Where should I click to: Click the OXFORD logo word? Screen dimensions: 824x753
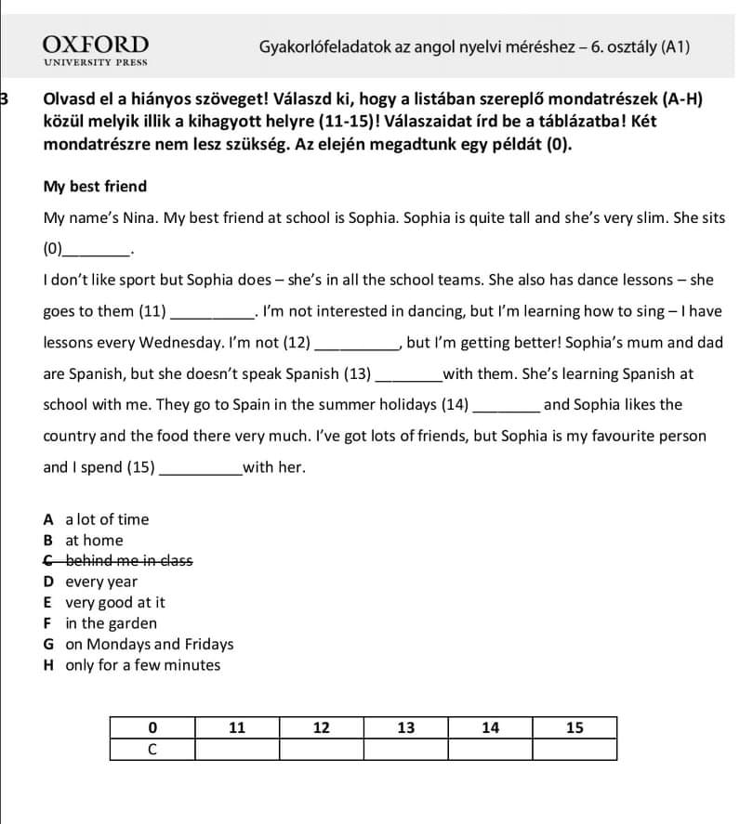tap(96, 45)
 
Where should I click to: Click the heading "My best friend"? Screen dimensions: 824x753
tap(95, 187)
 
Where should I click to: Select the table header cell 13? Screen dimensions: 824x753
tap(405, 727)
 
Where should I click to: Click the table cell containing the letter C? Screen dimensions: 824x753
tap(152, 749)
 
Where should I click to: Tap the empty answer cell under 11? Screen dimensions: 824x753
tap(236, 749)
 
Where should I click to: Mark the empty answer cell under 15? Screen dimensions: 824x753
tap(575, 749)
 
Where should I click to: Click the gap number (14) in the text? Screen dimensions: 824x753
tap(455, 405)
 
